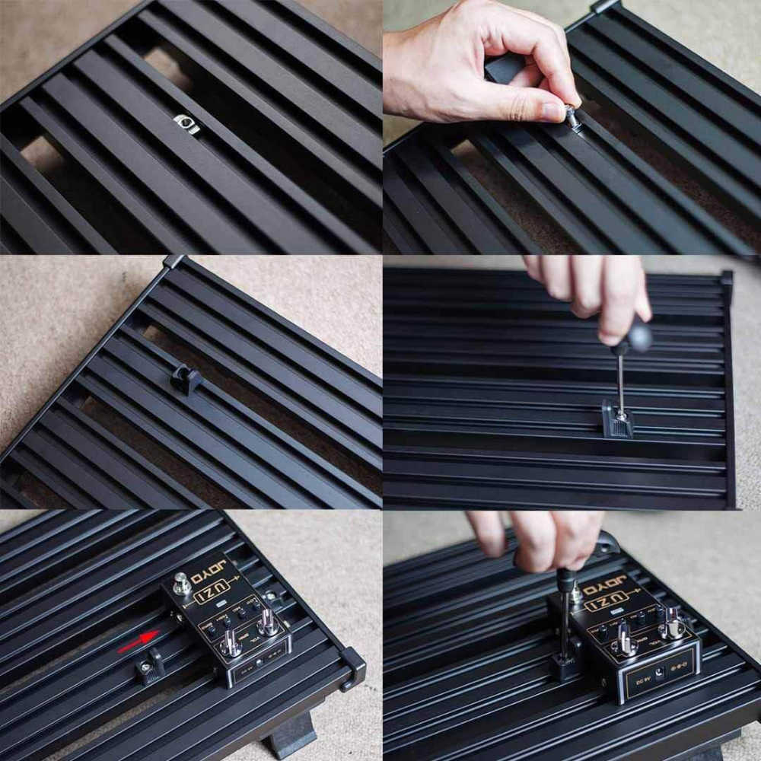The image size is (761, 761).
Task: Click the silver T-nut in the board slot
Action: click(186, 123)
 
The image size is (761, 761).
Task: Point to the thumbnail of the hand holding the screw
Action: click(554, 113)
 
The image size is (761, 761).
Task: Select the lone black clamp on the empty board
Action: click(186, 379)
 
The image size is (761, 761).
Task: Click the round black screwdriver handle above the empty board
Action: click(636, 336)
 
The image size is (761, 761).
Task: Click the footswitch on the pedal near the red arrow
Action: click(182, 583)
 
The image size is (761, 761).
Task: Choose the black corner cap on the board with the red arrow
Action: click(354, 667)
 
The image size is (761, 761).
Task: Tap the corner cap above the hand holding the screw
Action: click(605, 6)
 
